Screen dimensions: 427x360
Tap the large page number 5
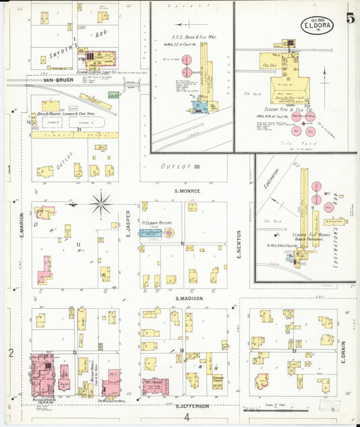click(351, 18)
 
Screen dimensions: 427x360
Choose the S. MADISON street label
click(190, 298)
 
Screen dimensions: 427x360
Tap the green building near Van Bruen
click(113, 95)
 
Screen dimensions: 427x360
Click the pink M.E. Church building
click(155, 386)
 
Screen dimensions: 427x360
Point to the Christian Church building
click(217, 382)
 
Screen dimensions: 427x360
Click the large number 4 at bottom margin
click(186, 417)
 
